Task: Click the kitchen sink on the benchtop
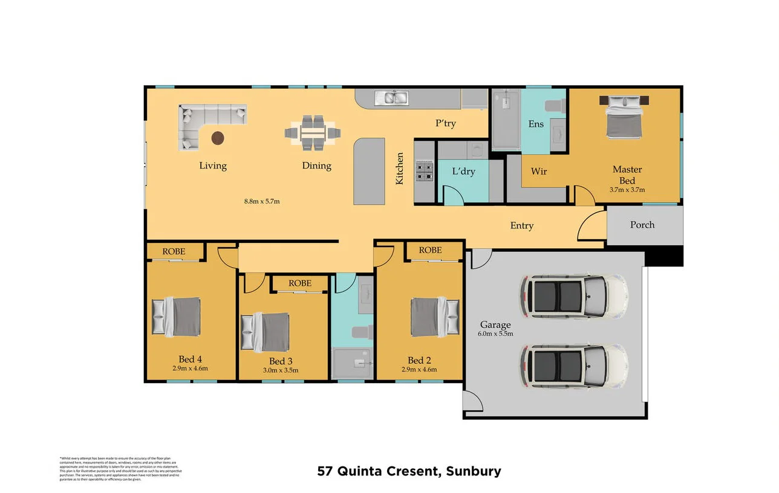(x=391, y=97)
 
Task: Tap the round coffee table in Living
(x=218, y=138)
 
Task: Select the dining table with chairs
(x=313, y=133)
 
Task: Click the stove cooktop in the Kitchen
(x=424, y=172)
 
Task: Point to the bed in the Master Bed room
(x=624, y=116)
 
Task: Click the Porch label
(x=642, y=225)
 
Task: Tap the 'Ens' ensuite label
(x=536, y=124)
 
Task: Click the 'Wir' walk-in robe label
(x=539, y=172)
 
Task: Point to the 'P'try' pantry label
(x=446, y=124)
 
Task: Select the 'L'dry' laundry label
(x=463, y=172)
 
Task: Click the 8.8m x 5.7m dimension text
(x=262, y=201)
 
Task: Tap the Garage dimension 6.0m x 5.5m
(x=495, y=333)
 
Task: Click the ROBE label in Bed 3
(x=300, y=283)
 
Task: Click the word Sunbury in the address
(x=474, y=471)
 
